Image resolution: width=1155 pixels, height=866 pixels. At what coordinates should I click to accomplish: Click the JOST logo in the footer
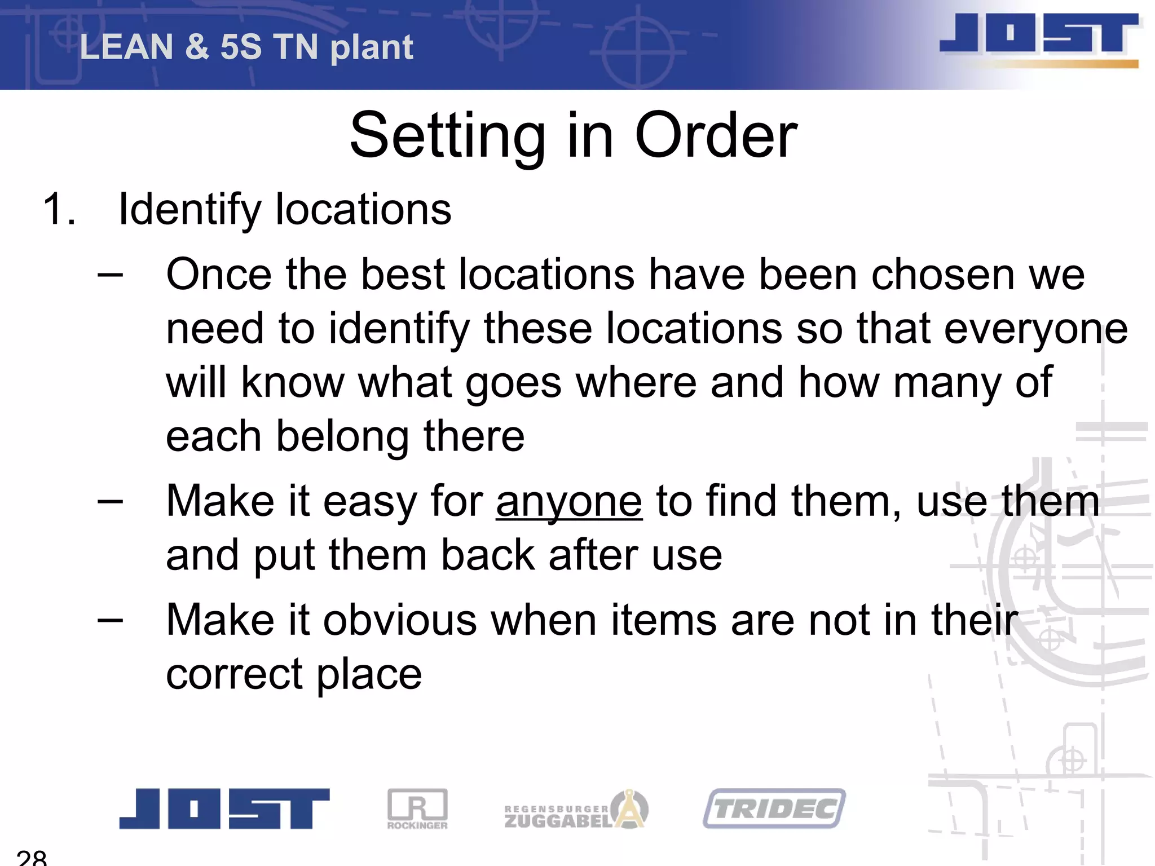(x=224, y=808)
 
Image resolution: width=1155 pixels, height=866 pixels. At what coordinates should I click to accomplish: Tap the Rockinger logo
(x=417, y=808)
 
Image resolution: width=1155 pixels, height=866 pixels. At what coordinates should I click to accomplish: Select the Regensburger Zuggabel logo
(x=575, y=810)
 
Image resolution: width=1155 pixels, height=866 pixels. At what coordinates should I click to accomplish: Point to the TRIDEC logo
(x=774, y=808)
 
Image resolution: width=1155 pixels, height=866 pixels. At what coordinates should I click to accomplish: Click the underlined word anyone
(x=569, y=501)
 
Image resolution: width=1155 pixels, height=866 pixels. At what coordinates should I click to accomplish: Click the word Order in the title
(x=716, y=136)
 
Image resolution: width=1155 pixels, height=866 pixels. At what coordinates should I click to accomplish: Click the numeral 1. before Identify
(x=59, y=209)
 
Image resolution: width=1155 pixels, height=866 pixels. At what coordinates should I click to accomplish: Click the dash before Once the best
(x=110, y=275)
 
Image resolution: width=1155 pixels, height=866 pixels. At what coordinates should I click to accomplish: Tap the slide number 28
(x=32, y=858)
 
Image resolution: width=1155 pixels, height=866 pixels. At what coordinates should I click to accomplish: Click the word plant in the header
(x=372, y=48)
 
